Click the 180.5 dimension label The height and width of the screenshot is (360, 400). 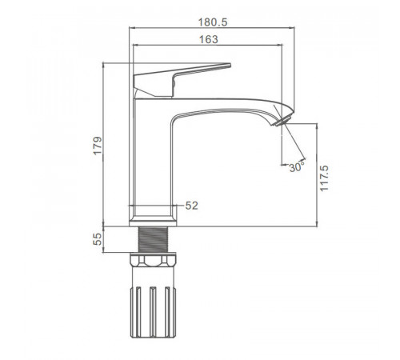click(x=213, y=22)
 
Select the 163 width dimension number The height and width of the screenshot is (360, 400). click(x=209, y=39)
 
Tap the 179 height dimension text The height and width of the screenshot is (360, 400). click(x=98, y=146)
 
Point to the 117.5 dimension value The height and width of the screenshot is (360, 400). click(x=325, y=178)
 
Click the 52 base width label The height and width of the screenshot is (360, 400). click(x=192, y=206)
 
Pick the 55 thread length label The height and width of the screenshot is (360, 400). click(x=98, y=239)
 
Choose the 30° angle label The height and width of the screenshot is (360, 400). click(x=297, y=167)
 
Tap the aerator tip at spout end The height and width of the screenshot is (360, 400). click(x=282, y=121)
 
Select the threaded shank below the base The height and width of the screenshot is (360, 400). click(x=153, y=239)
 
